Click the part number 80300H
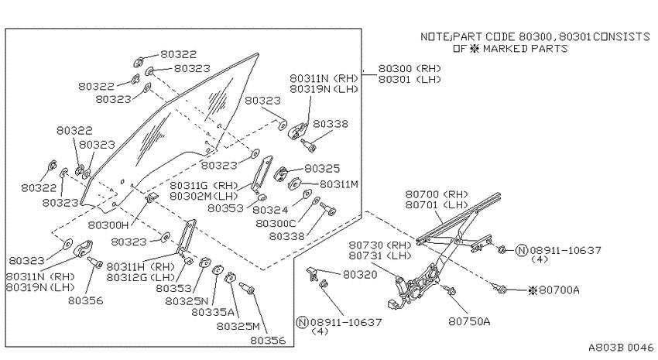(x=108, y=225)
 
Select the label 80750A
(x=469, y=321)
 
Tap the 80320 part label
(x=360, y=274)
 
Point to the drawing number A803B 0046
(x=621, y=348)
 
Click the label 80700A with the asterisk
(x=554, y=290)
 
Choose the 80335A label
(x=212, y=312)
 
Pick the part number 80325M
(x=238, y=326)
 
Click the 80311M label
(x=338, y=184)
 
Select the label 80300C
(x=276, y=223)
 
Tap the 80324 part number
(x=270, y=209)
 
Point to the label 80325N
(x=187, y=301)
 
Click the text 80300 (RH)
(x=410, y=68)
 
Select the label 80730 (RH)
(x=380, y=245)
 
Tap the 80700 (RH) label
(x=437, y=194)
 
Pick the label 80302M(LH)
(x=204, y=196)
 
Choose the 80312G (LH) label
(x=140, y=277)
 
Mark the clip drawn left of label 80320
(x=312, y=273)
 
